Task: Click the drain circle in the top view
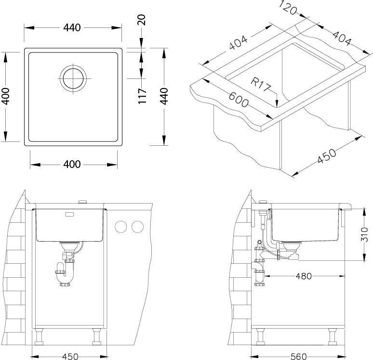tap(73, 78)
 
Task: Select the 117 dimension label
tap(142, 96)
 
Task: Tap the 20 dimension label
tap(141, 20)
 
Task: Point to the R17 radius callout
tap(260, 84)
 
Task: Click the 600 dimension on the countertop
tap(239, 99)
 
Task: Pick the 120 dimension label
tap(288, 8)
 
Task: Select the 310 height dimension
tap(364, 234)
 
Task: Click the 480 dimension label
tap(304, 276)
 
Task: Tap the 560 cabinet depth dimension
tap(298, 356)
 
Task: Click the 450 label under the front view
tap(70, 356)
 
